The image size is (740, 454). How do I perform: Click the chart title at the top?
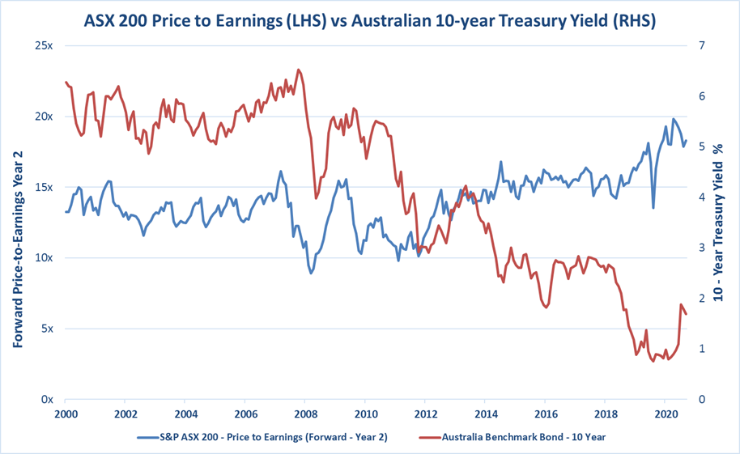click(369, 19)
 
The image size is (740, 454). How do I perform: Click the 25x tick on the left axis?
click(43, 45)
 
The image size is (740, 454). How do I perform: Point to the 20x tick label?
click(43, 116)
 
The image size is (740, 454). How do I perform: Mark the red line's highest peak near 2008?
click(299, 70)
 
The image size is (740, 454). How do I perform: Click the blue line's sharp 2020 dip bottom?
click(653, 208)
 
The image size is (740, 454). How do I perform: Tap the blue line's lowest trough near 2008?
click(311, 274)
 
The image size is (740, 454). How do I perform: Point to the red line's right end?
click(686, 314)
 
